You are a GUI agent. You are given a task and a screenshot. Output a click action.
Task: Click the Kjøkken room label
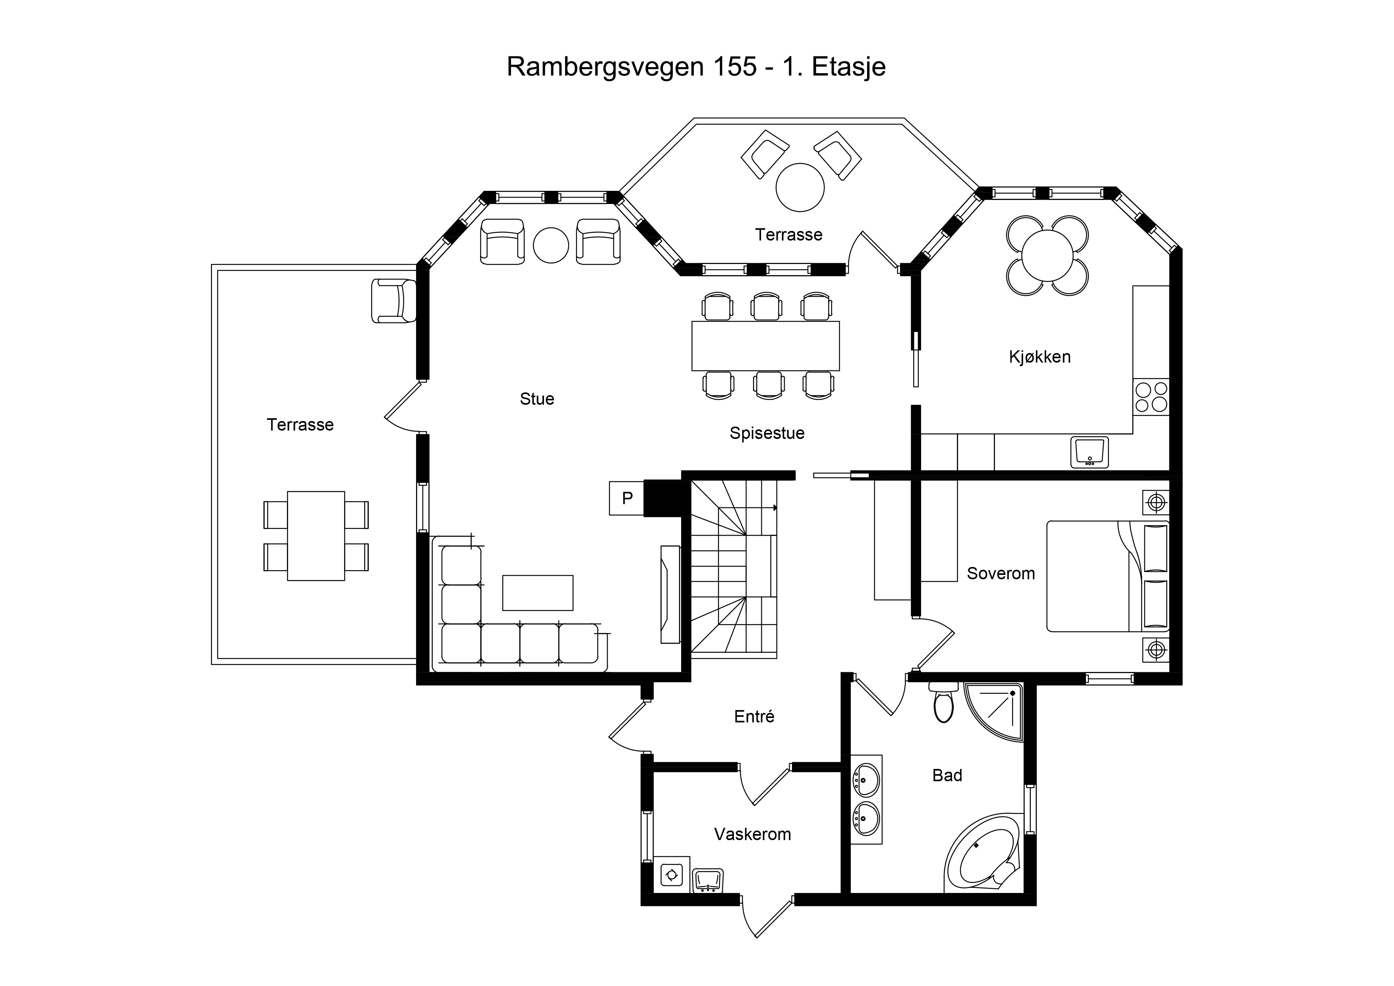pyautogui.click(x=1040, y=357)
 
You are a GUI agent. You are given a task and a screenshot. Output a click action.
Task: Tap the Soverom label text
pyautogui.click(x=1001, y=573)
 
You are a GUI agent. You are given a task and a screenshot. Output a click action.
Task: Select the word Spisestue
pyautogui.click(x=767, y=433)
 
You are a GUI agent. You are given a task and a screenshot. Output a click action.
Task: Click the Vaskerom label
pyautogui.click(x=752, y=834)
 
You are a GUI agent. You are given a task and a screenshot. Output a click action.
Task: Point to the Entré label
pyautogui.click(x=754, y=717)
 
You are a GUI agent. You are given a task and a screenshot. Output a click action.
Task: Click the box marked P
pyautogui.click(x=627, y=498)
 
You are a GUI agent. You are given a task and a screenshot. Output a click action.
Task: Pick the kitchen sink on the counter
pyautogui.click(x=1089, y=452)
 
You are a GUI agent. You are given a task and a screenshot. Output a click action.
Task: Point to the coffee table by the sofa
pyautogui.click(x=537, y=592)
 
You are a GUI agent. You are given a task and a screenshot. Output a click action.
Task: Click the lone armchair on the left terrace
pyautogui.click(x=393, y=301)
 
